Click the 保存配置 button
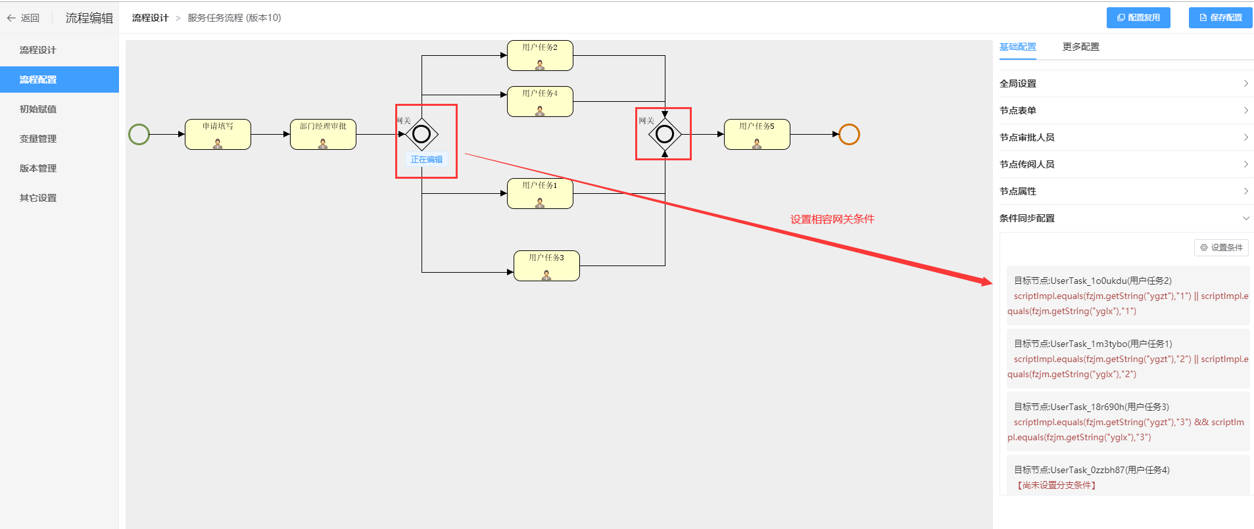tap(1220, 18)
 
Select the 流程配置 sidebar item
tap(38, 80)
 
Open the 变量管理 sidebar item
tap(38, 139)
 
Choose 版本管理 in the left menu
tap(38, 168)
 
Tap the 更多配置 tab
tap(1080, 47)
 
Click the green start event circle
tap(139, 134)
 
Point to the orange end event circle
tap(849, 134)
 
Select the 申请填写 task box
tap(218, 134)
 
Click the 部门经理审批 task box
tap(323, 134)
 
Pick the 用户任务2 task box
tap(540, 55)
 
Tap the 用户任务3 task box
tap(546, 265)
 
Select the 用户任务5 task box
tap(757, 134)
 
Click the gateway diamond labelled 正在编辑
tap(422, 134)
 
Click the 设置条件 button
tap(1221, 248)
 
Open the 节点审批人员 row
tap(1125, 137)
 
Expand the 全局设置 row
tap(1125, 83)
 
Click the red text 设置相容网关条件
tap(832, 219)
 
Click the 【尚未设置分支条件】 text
tap(1057, 485)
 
